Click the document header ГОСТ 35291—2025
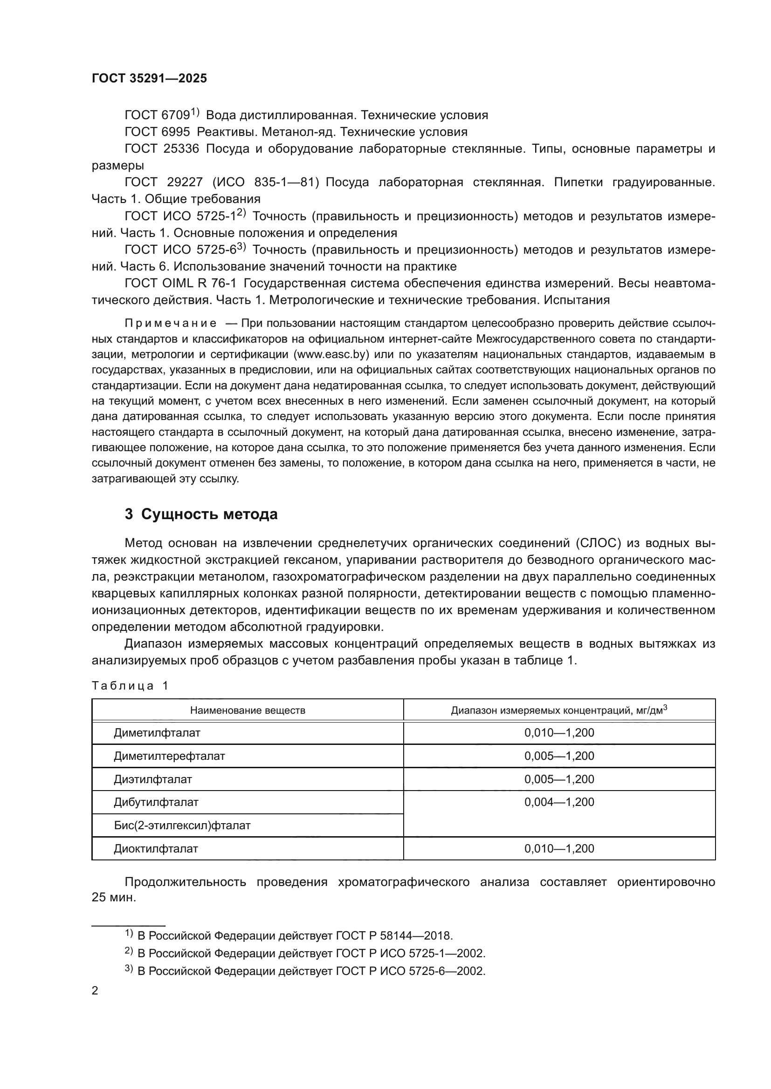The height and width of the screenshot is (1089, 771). pos(149,79)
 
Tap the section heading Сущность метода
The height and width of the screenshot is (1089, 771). pos(209,514)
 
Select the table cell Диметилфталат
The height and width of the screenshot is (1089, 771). pos(157,733)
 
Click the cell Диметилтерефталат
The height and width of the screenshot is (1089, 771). pos(169,756)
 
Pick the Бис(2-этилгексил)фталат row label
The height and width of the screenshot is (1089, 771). pos(182,825)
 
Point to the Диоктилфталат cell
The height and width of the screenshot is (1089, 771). pos(156,849)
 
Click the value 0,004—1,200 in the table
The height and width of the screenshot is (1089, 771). pos(559,802)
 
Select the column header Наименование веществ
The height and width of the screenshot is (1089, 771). pos(248,710)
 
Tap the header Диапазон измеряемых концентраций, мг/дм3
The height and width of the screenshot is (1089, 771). pos(559,710)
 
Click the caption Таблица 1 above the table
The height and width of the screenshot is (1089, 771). pos(130,686)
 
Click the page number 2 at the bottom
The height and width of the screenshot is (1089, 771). pos(95,991)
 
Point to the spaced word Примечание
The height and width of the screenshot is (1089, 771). pos(171,324)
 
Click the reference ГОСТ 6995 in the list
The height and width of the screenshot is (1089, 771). pos(157,132)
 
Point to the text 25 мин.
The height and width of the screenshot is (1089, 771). pos(114,898)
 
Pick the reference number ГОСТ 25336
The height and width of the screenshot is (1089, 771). pos(162,149)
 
